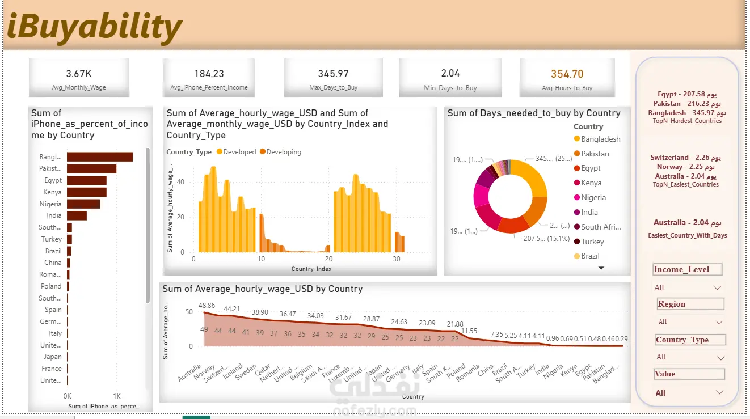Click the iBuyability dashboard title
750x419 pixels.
coord(94,27)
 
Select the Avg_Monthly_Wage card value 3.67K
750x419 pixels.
coord(79,74)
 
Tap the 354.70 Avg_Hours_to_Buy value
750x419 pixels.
coord(567,74)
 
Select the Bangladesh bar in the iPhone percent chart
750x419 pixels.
coord(99,157)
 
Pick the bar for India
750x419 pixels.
coord(77,215)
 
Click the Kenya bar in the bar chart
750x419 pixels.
coord(86,192)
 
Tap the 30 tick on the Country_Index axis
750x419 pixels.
coord(396,259)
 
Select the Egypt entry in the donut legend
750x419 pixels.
coord(590,168)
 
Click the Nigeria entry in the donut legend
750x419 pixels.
coord(593,198)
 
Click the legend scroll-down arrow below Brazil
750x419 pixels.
coord(601,268)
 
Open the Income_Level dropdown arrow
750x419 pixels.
coord(717,287)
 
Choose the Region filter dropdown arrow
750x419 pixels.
coord(719,322)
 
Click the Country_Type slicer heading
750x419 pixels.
coord(689,340)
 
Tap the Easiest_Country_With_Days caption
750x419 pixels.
coord(688,235)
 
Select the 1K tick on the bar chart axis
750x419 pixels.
coord(117,396)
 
